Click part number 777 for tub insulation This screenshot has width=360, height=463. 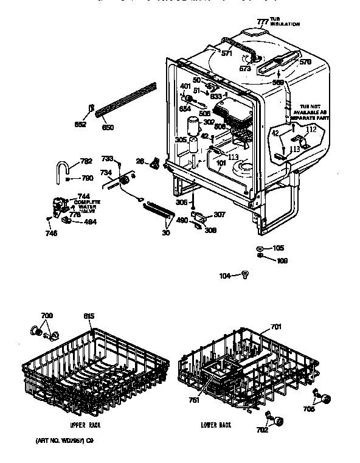(x=263, y=21)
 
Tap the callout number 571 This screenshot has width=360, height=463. (x=227, y=54)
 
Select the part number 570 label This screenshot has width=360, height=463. (x=305, y=62)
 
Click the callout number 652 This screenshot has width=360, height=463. (x=80, y=124)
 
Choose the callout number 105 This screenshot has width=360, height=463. (x=277, y=248)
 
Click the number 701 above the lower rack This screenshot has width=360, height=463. (x=276, y=327)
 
